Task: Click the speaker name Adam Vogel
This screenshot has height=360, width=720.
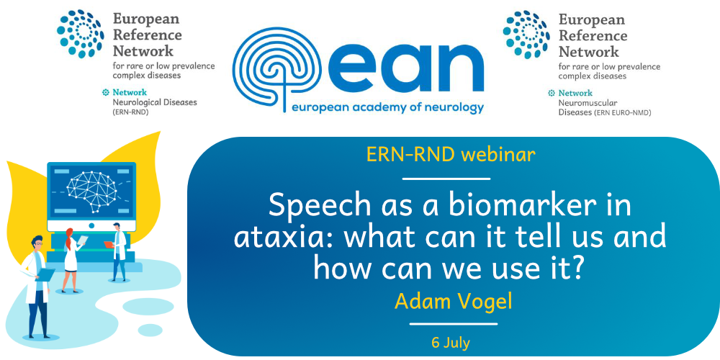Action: coord(453,301)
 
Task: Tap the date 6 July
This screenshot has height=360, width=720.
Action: coord(451,342)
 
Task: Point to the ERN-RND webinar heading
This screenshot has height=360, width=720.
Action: coord(451,156)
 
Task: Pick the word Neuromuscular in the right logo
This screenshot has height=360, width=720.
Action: coord(581,103)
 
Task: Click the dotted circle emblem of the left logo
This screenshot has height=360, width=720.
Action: coord(81,35)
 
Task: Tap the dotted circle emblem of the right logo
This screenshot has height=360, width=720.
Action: coord(527,35)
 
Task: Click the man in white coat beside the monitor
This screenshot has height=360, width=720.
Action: coord(117,251)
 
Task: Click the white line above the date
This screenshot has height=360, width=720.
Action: coord(453,324)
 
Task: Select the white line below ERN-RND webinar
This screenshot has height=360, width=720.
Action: coord(446,179)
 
